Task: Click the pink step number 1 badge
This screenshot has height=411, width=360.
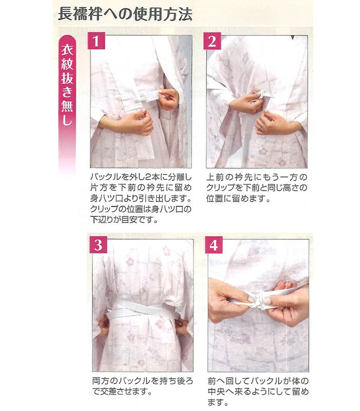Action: point(96,41)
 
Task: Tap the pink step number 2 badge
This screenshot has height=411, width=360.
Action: point(212,41)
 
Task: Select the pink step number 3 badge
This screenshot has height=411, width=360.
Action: point(98,245)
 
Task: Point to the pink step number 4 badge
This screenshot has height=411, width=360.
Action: point(214,245)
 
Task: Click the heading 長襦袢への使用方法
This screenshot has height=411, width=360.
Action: point(125,14)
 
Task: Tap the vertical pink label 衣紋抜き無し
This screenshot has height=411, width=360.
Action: point(67,85)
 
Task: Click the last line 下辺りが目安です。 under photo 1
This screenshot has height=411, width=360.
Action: point(124,219)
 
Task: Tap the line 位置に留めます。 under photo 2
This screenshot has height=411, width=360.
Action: point(238,198)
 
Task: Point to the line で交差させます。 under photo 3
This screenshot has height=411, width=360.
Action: point(122,391)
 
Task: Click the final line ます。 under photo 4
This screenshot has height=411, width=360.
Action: point(218,402)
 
